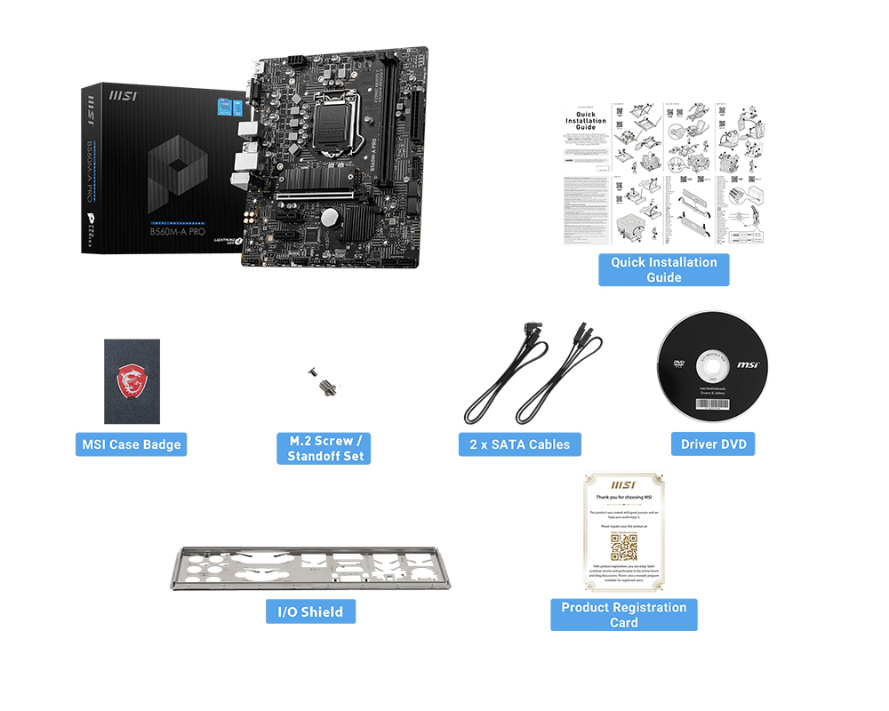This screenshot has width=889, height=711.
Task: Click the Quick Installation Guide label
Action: point(663,269)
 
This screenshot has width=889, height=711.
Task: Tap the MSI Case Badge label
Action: point(132,444)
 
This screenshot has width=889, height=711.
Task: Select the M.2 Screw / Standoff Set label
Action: point(325,448)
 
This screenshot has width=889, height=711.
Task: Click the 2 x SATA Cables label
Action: point(519,444)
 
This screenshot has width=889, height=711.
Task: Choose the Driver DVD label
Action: point(713,444)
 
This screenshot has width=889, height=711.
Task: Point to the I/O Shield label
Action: point(310,611)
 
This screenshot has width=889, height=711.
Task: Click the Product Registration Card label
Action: point(623,614)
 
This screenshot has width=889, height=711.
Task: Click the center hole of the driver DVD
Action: point(713,366)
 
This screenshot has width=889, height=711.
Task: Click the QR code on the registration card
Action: point(623,547)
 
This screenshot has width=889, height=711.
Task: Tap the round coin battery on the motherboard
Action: point(330,216)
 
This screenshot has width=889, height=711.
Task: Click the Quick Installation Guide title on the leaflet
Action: point(586,120)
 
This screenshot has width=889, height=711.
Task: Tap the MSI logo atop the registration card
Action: point(623,485)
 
